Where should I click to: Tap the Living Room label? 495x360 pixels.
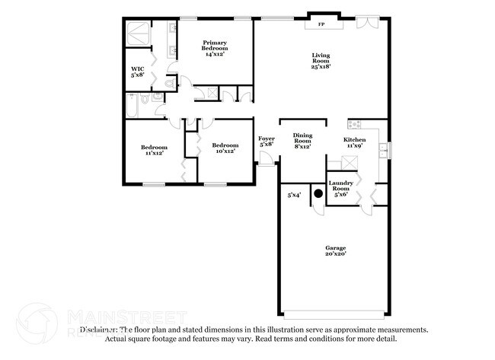(321, 59)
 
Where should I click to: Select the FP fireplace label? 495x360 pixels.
(321, 25)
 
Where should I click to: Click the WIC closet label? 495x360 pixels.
(138, 72)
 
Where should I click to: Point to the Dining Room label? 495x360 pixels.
(303, 140)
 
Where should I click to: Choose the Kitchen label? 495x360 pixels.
(355, 142)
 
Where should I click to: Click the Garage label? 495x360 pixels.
(335, 250)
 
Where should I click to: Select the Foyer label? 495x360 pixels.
(267, 141)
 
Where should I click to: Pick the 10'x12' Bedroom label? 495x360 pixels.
(225, 148)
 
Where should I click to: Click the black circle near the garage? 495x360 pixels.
(318, 193)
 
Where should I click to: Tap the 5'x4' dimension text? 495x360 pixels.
(294, 196)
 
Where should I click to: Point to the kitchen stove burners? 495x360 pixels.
(355, 124)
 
